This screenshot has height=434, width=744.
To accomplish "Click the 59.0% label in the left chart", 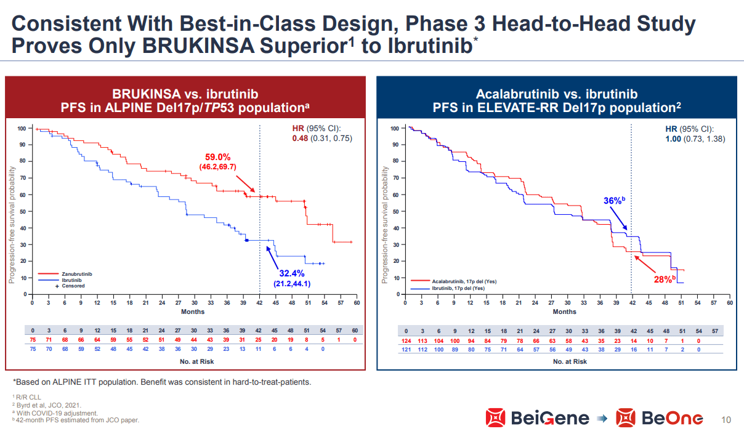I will tap(217, 157).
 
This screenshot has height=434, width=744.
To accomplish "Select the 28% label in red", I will tap(664, 279).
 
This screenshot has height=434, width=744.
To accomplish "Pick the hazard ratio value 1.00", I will tap(674, 139).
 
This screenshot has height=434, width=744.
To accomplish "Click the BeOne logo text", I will tap(671, 418).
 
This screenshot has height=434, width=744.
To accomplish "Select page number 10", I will tap(726, 420).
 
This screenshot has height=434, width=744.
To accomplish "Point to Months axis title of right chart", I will tap(564, 311).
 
